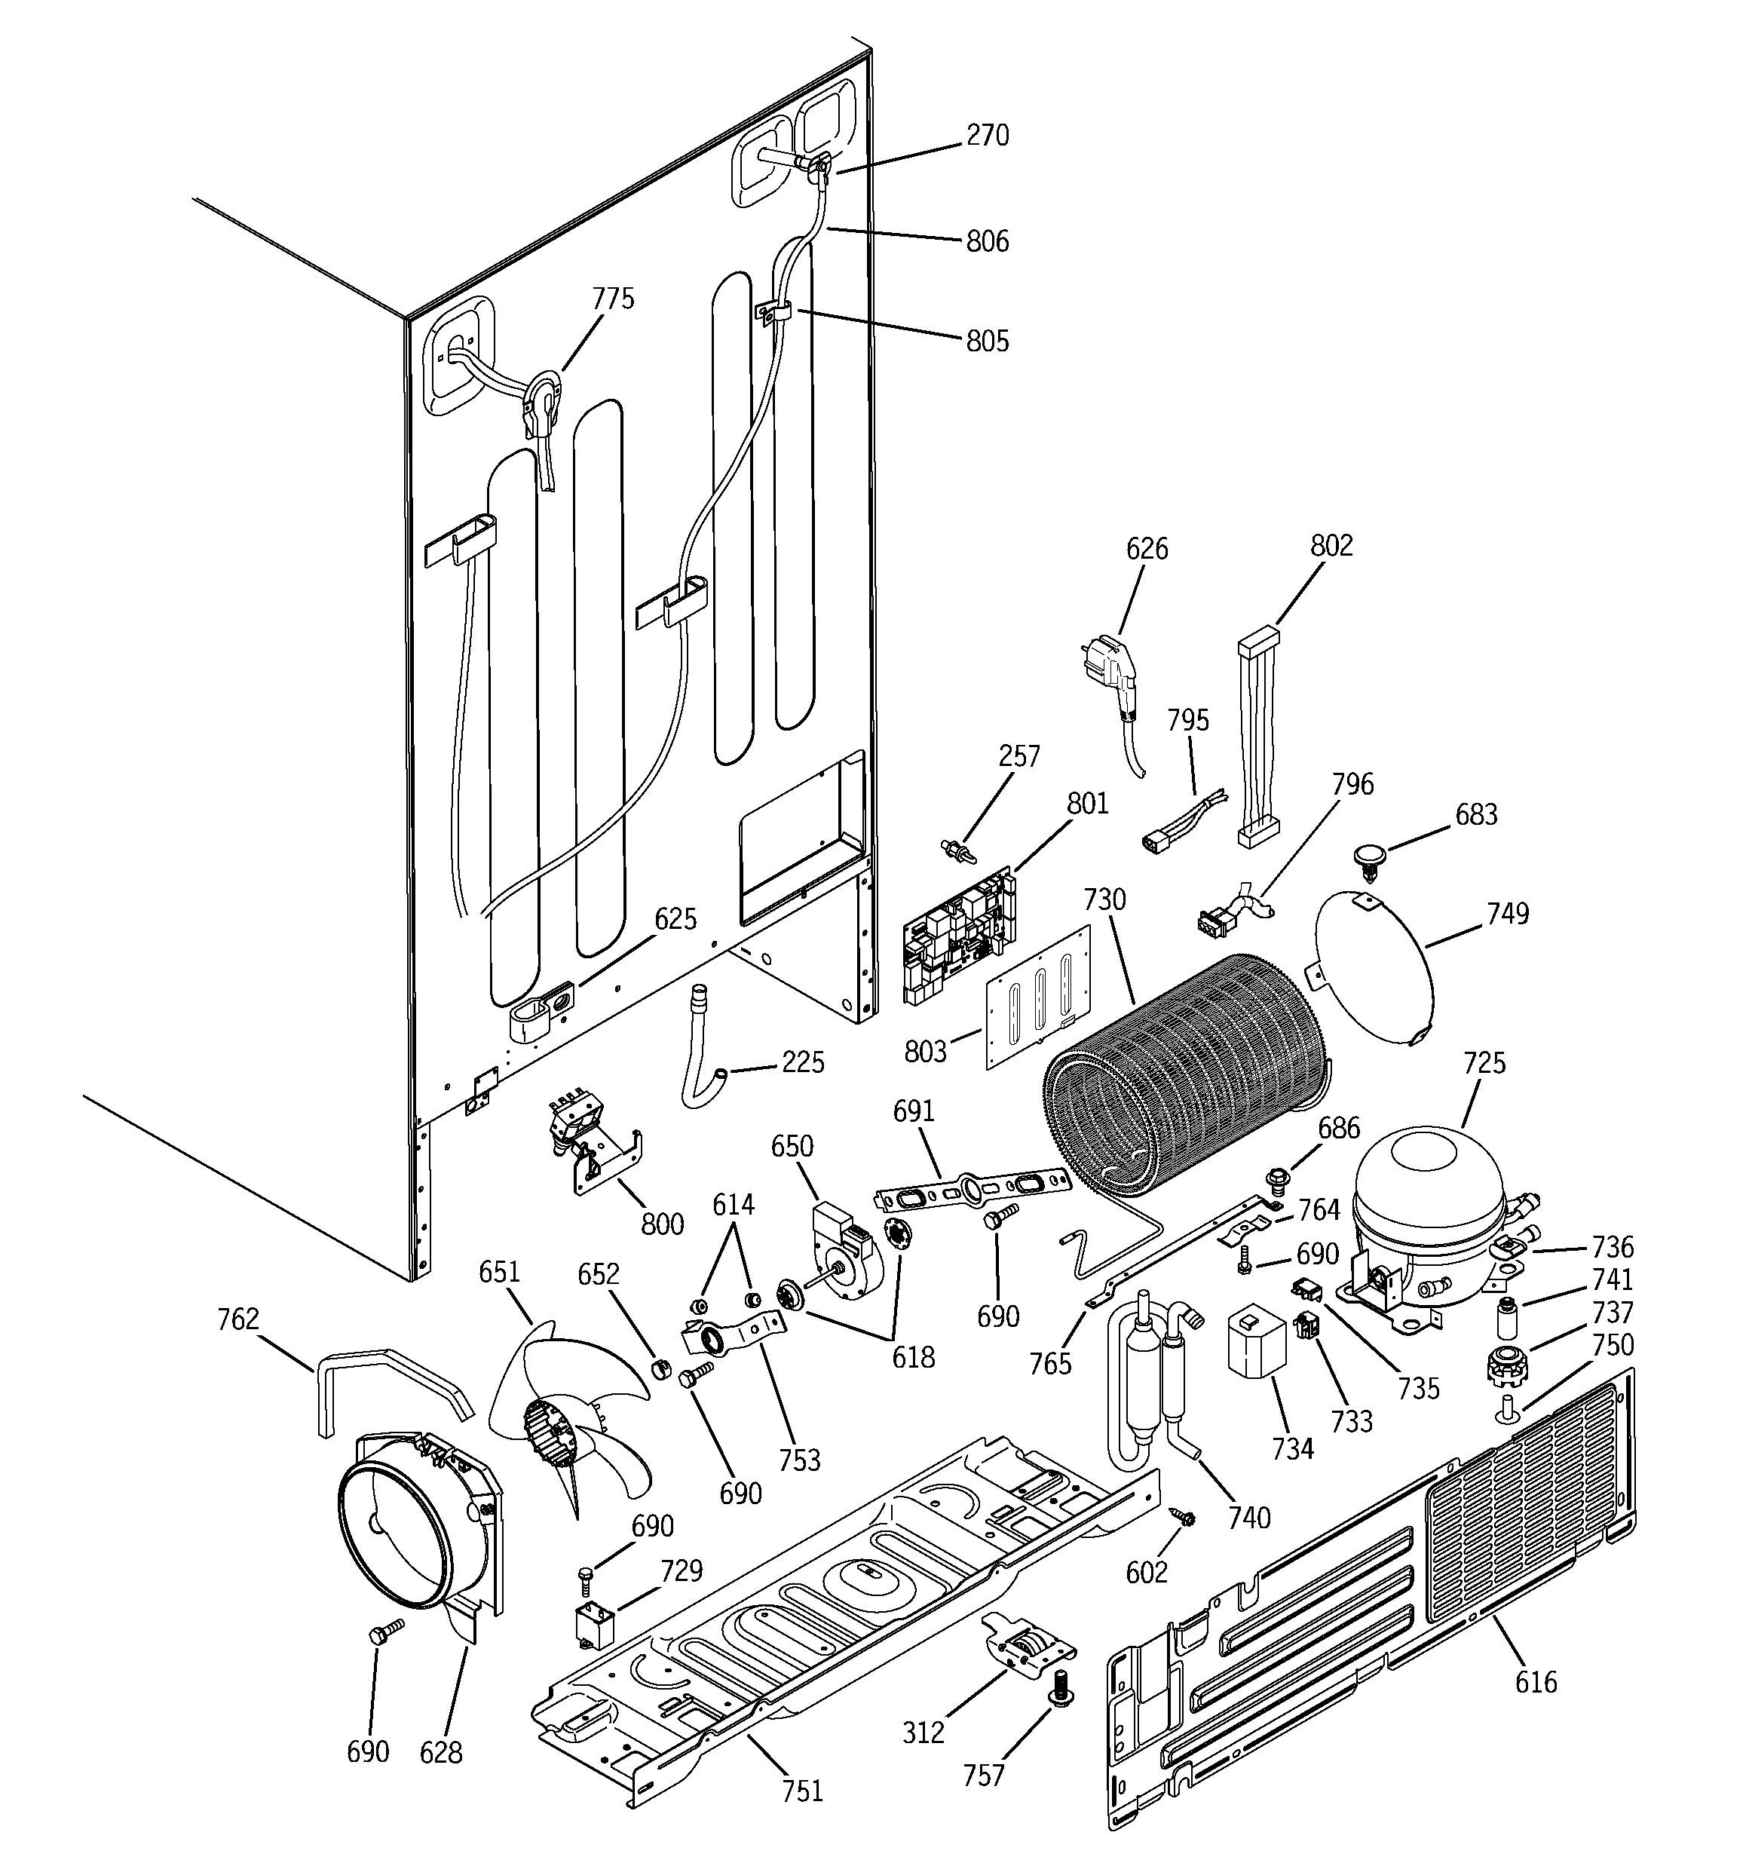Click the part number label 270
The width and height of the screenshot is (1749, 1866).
[988, 136]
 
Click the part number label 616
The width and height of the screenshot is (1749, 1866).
[1535, 1682]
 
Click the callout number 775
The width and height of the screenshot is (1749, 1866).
[613, 299]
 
